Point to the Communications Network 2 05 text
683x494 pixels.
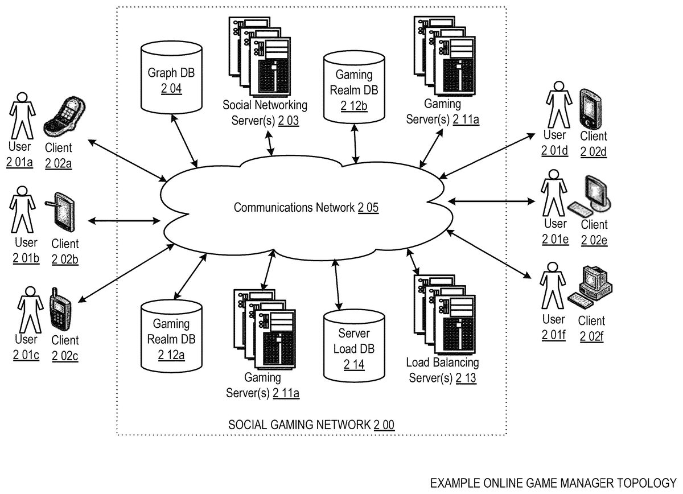[x=306, y=208]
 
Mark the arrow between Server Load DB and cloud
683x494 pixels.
[x=339, y=283]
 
